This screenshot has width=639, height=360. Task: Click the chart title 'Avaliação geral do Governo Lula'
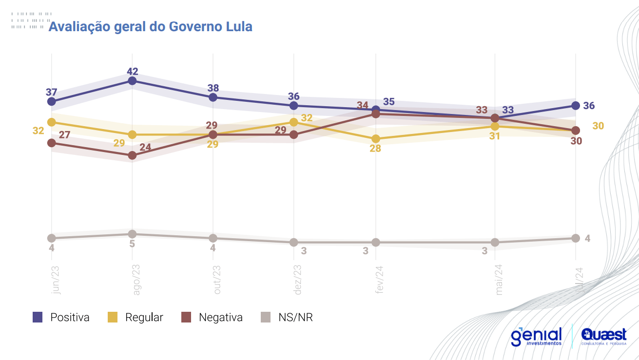[x=150, y=26]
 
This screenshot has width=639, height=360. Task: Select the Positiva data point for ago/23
[x=132, y=81]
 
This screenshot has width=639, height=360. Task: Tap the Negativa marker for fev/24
[x=376, y=114]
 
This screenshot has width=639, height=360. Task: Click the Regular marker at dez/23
[x=294, y=122]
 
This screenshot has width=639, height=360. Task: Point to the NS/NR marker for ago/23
[x=132, y=234]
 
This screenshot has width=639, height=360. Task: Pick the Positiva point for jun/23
[x=52, y=101]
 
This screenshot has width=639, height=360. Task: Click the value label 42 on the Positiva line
[x=132, y=71]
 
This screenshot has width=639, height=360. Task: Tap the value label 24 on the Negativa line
[x=145, y=148]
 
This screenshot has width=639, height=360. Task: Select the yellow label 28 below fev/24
[x=375, y=149]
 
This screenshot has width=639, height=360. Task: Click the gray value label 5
[x=132, y=244]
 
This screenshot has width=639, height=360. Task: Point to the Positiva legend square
[x=38, y=318]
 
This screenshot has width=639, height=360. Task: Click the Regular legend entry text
[x=144, y=318]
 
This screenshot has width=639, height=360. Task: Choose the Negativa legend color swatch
[x=186, y=318]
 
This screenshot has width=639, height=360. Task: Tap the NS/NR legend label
[x=295, y=318]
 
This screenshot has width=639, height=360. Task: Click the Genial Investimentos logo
[x=536, y=336]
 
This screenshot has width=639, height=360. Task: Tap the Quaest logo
[x=604, y=336]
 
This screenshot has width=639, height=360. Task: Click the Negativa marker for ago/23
[x=132, y=155]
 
